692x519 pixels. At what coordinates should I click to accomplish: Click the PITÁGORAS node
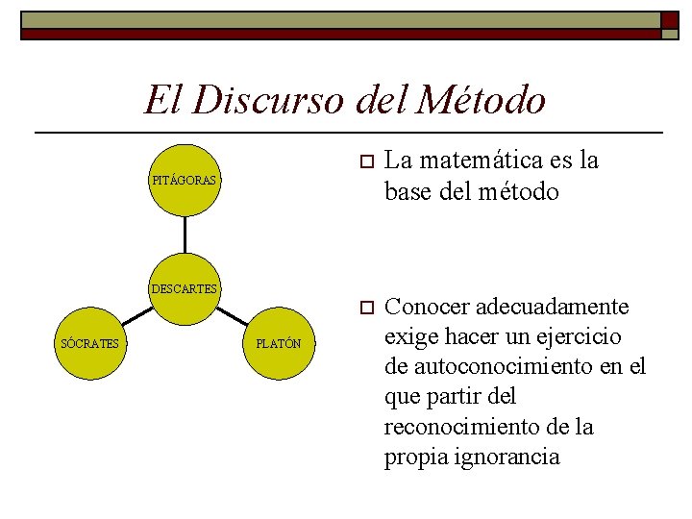tap(185, 180)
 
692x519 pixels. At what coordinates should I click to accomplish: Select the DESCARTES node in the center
tap(185, 287)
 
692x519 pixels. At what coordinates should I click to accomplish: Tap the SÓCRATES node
tap(89, 343)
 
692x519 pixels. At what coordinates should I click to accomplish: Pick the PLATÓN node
tap(278, 343)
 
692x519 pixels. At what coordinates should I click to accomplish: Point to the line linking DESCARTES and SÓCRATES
tap(136, 315)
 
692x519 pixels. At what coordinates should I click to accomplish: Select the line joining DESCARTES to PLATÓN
tap(232, 315)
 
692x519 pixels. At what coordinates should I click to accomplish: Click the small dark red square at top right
tap(669, 19)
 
